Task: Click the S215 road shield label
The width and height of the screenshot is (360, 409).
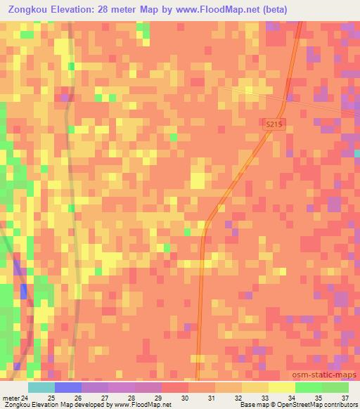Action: tap(275, 124)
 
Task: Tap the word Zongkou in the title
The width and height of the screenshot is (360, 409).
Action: tap(28, 8)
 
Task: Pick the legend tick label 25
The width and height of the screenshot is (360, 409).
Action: tap(50, 398)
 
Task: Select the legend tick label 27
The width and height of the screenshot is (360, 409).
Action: tap(105, 398)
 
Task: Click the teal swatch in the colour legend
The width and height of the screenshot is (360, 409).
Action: tap(41, 387)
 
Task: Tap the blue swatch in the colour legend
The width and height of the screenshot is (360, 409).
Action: tap(68, 387)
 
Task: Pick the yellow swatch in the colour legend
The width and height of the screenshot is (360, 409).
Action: tap(281, 387)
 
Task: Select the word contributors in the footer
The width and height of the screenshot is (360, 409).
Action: tap(340, 405)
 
